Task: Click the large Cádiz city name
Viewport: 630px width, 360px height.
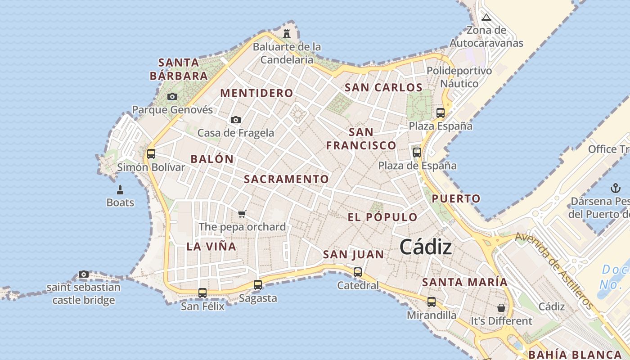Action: point(425,247)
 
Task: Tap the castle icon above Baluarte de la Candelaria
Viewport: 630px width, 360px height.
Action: point(287,33)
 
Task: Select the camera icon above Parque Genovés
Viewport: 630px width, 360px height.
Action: point(172,96)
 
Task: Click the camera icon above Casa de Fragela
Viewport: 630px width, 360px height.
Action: point(235,120)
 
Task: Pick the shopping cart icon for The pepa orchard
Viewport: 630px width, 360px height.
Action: point(242,213)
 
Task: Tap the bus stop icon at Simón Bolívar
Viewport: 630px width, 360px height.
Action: point(151,154)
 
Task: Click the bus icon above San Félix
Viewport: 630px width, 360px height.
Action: point(202,293)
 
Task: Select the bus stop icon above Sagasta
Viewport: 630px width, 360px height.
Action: point(257,284)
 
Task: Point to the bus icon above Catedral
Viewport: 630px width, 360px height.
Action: point(358,272)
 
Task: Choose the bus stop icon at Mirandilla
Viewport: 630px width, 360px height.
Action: point(432,301)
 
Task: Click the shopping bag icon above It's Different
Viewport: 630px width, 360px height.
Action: point(501,308)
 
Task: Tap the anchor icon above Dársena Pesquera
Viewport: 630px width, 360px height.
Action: point(615,188)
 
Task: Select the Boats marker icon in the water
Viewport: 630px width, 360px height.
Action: point(120,189)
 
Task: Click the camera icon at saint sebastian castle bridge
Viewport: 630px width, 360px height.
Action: point(83,274)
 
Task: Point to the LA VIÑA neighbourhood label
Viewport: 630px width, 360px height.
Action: point(211,246)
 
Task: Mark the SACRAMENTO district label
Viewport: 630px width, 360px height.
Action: point(286,179)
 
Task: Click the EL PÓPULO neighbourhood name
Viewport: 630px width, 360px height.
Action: point(382,217)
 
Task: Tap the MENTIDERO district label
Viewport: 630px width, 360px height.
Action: point(256,93)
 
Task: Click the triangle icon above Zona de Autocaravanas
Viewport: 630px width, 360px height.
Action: point(486,18)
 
